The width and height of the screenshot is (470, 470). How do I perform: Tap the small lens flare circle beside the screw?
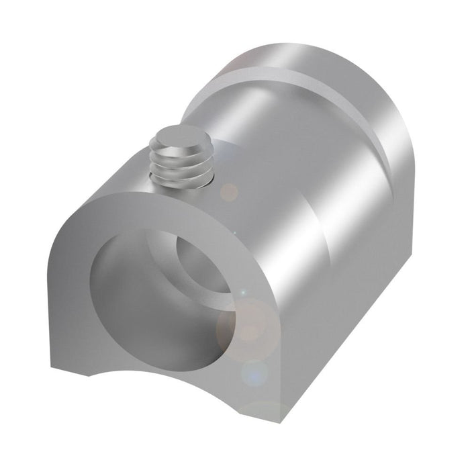[x=229, y=192]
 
